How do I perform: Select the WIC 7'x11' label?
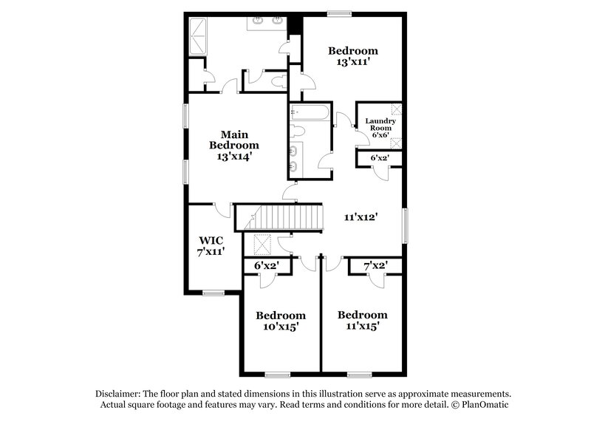click(211, 246)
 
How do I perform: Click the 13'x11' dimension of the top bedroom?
click(353, 63)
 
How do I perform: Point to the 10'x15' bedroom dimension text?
click(281, 326)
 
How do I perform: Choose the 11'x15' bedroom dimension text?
click(362, 325)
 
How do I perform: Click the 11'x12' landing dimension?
click(361, 217)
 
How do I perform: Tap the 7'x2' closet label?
click(375, 265)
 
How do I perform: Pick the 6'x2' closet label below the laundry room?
click(379, 158)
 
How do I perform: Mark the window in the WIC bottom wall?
click(213, 293)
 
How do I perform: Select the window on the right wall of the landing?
click(405, 223)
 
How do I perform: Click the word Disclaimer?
click(118, 393)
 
